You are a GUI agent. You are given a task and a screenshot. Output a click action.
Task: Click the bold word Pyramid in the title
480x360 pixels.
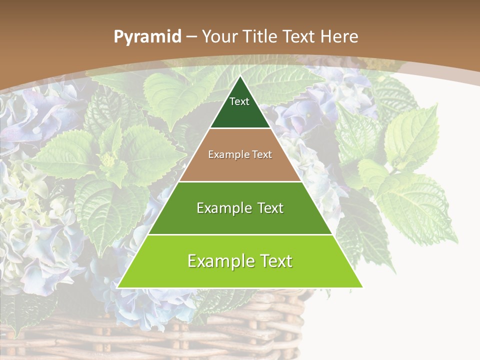(147, 37)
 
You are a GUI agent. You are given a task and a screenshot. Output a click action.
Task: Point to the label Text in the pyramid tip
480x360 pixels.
(239, 101)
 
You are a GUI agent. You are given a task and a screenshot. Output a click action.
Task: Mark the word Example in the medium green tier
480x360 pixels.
(223, 208)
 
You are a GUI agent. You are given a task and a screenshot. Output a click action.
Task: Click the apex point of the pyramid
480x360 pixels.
(240, 76)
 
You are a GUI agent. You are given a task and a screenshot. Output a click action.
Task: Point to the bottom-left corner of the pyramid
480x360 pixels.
(118, 287)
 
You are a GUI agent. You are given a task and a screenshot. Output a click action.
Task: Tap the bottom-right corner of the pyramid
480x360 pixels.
(362, 287)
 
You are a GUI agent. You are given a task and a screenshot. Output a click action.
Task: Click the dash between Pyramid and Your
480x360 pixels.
(191, 37)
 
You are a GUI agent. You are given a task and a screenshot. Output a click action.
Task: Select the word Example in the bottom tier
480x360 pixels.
(218, 261)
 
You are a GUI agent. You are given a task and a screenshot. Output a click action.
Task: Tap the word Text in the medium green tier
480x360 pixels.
(270, 208)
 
